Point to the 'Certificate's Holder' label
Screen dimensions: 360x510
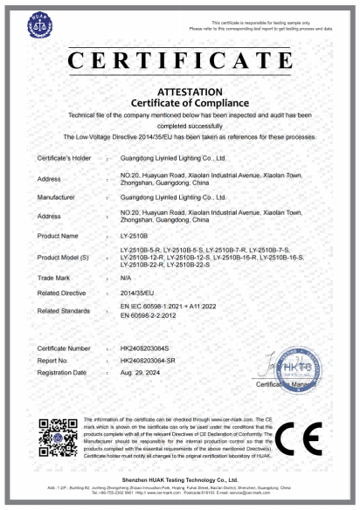pos(64,158)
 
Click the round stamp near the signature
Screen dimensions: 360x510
pos(297,371)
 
